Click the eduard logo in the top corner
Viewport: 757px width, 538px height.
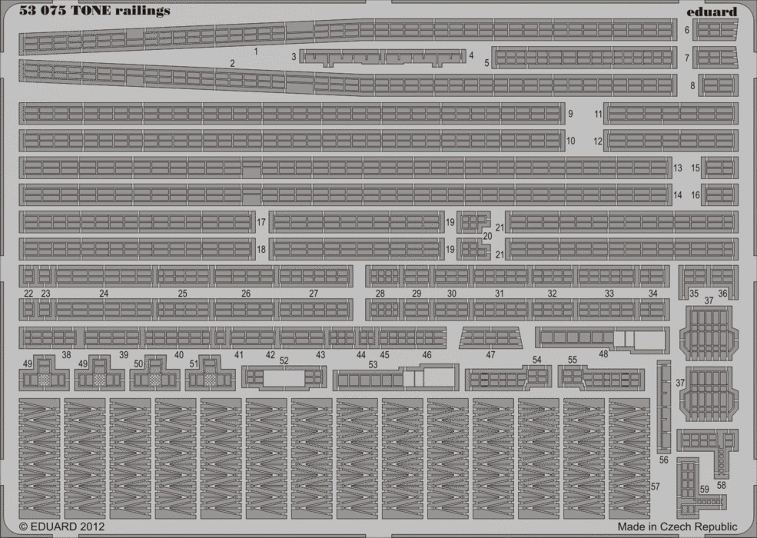pos(712,11)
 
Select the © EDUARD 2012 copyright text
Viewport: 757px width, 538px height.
pos(61,526)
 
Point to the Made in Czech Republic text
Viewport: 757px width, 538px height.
pos(677,526)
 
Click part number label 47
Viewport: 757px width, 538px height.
pos(490,355)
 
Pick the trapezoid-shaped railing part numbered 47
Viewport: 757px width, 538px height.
pos(490,337)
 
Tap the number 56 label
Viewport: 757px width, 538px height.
pos(664,460)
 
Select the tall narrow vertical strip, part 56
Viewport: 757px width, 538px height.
pos(664,407)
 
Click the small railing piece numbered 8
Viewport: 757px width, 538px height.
pos(719,85)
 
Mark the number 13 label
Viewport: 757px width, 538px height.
pos(677,168)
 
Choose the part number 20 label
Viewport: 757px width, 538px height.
pos(487,236)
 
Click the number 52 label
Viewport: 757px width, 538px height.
pos(284,360)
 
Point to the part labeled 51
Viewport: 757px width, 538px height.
pos(210,374)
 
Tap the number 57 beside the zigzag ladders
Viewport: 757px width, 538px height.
pos(655,487)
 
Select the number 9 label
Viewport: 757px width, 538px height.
pos(571,114)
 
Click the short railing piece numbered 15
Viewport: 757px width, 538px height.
pos(720,168)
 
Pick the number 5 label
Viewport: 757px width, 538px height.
pos(486,63)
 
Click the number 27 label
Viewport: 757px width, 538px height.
pos(314,293)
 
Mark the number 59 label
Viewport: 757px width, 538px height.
pos(705,490)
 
